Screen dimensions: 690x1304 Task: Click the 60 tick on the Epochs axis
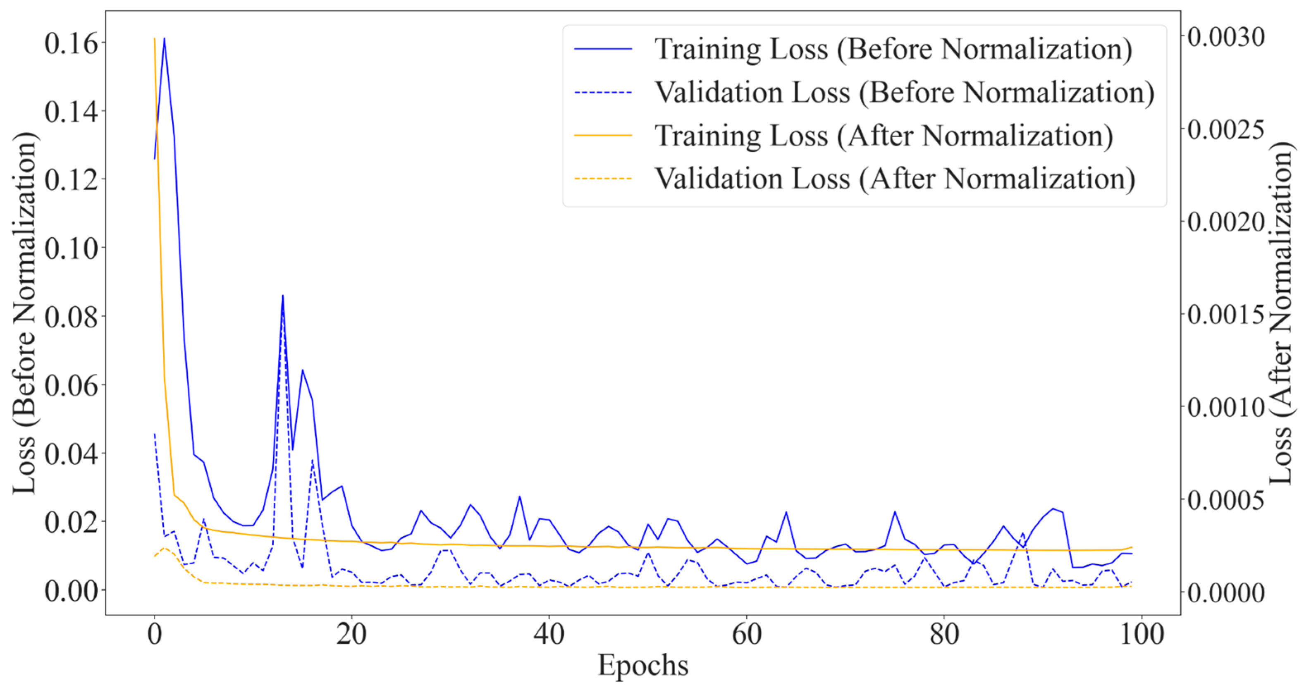point(747,634)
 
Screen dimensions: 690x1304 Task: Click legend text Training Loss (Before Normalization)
point(893,49)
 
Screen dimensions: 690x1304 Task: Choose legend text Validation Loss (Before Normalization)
point(904,93)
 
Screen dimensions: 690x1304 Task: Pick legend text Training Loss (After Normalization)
point(884,136)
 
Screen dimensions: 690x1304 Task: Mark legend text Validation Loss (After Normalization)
point(894,179)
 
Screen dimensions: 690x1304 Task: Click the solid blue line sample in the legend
point(603,49)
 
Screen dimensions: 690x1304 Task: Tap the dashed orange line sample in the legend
point(603,179)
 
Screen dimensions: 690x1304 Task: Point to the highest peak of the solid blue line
point(164,38)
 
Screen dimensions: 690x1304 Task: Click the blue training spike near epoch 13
point(282,296)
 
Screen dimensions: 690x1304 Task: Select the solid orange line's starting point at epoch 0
point(154,38)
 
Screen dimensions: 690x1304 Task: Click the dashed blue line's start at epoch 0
point(154,434)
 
